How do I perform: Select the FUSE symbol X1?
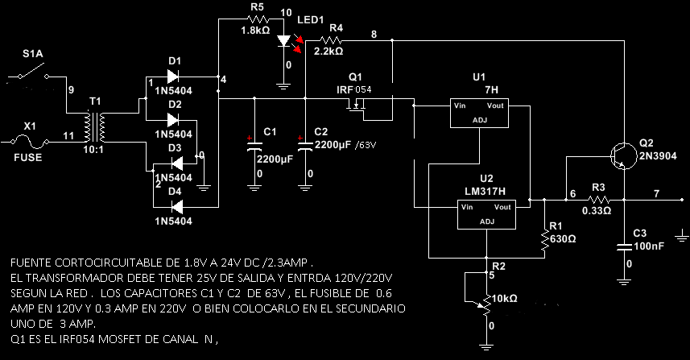click(x=31, y=142)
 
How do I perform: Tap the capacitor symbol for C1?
click(x=254, y=147)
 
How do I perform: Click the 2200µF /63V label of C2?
click(x=345, y=144)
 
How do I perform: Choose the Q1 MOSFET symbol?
click(x=355, y=106)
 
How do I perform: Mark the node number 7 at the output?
click(x=657, y=193)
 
